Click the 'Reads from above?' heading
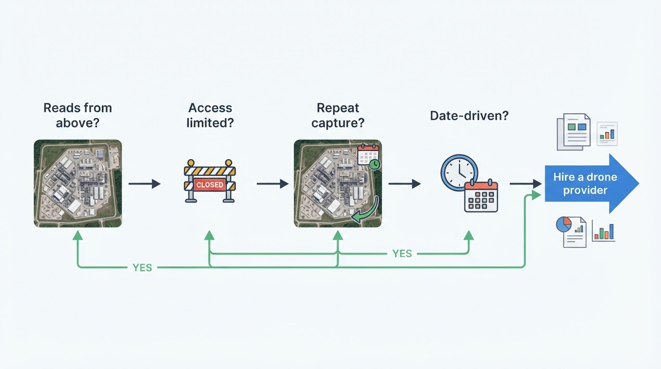point(78,115)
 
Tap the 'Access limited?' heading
point(210,115)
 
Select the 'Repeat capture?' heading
point(338,115)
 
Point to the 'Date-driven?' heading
point(469,115)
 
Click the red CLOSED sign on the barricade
point(210,185)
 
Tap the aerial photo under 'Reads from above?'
point(78,184)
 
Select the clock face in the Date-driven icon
point(459,172)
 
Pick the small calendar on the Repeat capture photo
point(368,155)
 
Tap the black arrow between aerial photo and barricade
point(145,184)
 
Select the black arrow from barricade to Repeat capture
point(273,184)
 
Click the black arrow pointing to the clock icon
point(404,184)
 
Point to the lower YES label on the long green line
point(142,268)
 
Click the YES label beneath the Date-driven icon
point(402,254)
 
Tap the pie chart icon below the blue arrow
point(563,224)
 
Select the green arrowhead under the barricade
point(209,235)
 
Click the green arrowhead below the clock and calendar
point(468,235)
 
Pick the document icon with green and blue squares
point(574,132)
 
